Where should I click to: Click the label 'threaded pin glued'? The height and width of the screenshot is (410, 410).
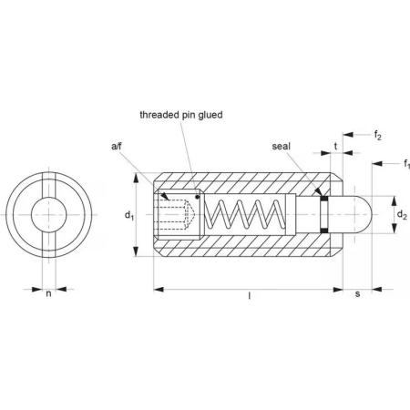tap(181, 115)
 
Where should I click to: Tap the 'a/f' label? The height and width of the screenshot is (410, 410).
tap(117, 147)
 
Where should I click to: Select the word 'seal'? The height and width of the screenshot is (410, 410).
tap(281, 147)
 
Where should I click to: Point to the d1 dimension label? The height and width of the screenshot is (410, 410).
tap(129, 215)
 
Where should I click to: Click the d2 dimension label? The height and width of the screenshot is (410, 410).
tap(402, 215)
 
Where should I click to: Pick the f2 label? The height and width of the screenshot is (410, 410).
tap(377, 135)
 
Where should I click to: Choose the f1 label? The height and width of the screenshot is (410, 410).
tap(406, 164)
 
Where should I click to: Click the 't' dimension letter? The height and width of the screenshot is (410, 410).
tap(335, 147)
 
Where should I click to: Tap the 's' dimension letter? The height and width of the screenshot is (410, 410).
tap(357, 294)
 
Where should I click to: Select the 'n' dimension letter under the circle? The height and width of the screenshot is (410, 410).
tap(48, 293)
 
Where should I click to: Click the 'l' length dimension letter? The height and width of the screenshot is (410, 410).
tap(250, 295)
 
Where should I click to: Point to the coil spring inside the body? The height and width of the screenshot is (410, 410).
tap(244, 214)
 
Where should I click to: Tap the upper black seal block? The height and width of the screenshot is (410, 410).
tap(324, 199)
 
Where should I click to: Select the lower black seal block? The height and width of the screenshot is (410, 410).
tap(324, 231)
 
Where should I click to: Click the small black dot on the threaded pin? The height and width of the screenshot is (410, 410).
tap(198, 197)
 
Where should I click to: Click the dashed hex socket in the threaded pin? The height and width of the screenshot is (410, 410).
tap(175, 215)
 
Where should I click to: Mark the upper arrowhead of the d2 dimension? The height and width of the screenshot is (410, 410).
tap(394, 201)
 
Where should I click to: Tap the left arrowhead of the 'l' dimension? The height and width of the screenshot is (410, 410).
tap(159, 290)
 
